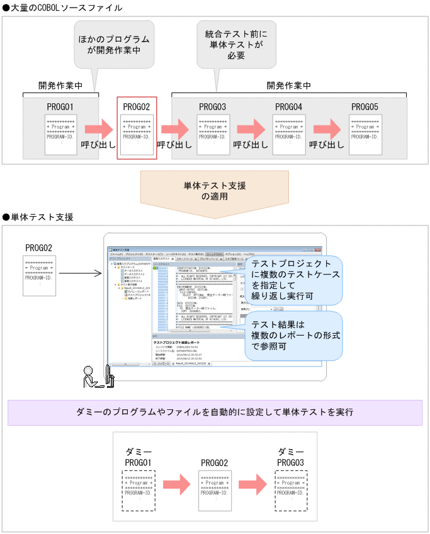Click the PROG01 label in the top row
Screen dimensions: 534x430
tap(60, 106)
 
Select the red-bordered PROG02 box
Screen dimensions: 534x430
tap(137, 128)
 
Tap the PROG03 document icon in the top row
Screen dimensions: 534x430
tap(213, 134)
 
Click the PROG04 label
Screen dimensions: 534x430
tap(289, 106)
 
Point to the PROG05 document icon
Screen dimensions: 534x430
tap(365, 134)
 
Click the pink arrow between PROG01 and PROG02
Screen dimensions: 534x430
tap(98, 129)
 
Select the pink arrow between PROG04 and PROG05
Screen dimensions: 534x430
tap(327, 129)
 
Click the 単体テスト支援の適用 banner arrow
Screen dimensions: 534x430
tap(215, 191)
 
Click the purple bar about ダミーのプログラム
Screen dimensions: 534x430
tap(215, 412)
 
